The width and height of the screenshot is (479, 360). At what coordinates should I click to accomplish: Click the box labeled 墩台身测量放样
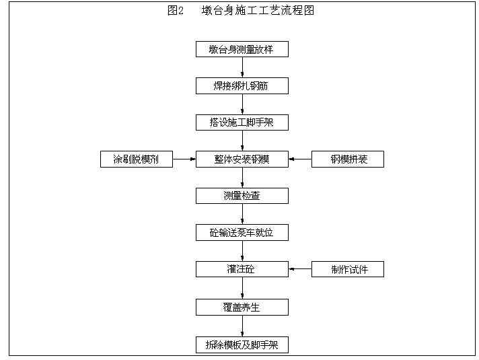[x=242, y=49]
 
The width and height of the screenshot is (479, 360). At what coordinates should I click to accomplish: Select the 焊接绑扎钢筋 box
[x=242, y=86]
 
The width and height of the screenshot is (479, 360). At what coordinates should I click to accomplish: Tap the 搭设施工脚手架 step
[x=242, y=122]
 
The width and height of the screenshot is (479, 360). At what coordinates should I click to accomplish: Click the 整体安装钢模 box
[x=242, y=159]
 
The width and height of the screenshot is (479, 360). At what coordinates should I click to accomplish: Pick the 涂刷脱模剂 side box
[x=137, y=159]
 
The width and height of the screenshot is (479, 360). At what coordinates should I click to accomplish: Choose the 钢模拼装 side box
[x=348, y=159]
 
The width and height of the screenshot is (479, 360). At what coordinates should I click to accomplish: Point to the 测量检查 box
[x=242, y=196]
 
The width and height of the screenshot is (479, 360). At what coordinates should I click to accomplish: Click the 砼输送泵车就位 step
[x=242, y=233]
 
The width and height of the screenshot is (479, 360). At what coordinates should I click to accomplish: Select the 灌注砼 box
[x=242, y=269]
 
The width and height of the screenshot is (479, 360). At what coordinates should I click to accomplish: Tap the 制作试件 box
[x=348, y=269]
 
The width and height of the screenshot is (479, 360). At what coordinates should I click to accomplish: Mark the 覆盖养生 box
[x=242, y=308]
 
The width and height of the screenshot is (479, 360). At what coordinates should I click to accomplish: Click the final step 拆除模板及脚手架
[x=242, y=345]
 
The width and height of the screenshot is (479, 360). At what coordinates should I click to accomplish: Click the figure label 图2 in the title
[x=176, y=10]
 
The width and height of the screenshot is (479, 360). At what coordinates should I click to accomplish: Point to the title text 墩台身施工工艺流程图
[x=258, y=10]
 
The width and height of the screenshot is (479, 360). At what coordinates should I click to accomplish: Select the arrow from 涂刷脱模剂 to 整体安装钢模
[x=184, y=159]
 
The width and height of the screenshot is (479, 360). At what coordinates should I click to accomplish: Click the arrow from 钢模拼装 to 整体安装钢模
[x=300, y=159]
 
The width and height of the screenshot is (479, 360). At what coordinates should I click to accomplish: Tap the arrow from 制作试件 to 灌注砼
[x=300, y=269]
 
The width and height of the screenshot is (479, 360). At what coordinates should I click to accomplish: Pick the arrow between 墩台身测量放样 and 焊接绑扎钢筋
[x=242, y=67]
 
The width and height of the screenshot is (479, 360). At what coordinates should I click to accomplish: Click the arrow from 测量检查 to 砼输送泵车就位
[x=242, y=214]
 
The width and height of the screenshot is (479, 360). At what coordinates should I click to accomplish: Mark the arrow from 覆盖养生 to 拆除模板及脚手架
[x=242, y=326]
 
